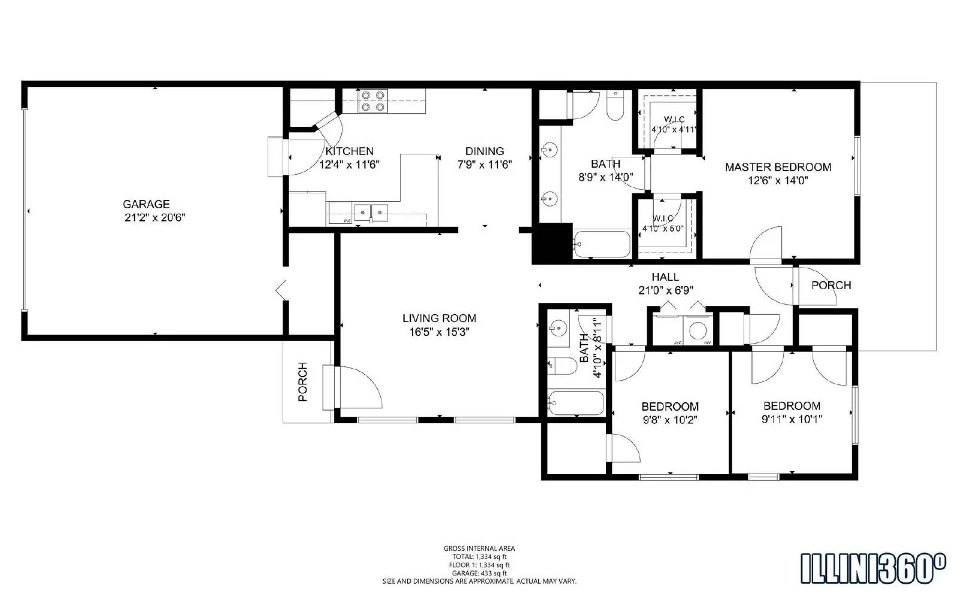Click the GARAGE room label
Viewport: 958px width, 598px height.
[146, 204]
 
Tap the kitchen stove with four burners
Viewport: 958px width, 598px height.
[372, 101]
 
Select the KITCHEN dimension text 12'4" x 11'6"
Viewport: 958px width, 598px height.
[350, 165]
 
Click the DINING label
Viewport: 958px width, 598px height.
[484, 151]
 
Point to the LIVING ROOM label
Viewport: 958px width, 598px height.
[439, 318]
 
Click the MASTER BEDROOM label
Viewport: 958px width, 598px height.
[778, 167]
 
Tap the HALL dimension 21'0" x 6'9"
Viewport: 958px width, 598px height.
[665, 290]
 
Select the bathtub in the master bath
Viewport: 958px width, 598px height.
[601, 244]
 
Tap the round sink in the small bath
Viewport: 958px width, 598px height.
[558, 328]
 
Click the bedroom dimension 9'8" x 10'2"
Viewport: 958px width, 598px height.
[670, 420]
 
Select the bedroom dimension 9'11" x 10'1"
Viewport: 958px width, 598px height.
[792, 419]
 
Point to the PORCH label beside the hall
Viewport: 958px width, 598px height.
[830, 286]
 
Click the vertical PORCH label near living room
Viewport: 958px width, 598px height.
[302, 381]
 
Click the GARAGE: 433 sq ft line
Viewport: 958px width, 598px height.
[479, 573]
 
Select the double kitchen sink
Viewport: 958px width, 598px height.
[371, 211]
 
